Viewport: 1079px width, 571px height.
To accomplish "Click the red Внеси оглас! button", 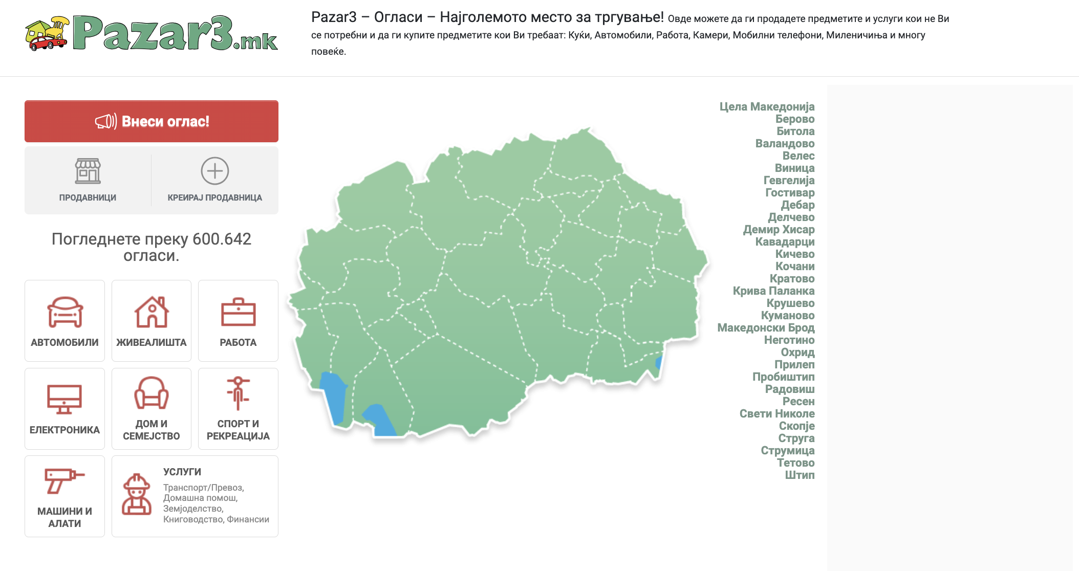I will (x=152, y=121).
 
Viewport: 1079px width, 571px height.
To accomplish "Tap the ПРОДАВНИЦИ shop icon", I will (x=88, y=171).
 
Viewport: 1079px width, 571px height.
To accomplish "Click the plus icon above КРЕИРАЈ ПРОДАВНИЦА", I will (x=214, y=171).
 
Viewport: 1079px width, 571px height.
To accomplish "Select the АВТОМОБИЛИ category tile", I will (x=64, y=321).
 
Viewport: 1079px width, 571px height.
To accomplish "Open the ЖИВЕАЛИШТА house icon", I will (x=152, y=312).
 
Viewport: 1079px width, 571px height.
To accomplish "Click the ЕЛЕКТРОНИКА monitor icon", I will (x=64, y=399).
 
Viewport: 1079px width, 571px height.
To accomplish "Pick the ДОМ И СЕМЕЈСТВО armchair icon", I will (x=152, y=393).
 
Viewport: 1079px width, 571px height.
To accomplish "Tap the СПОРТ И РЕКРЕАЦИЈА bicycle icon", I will (x=238, y=393).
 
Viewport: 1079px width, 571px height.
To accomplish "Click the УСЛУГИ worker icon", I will (x=136, y=494).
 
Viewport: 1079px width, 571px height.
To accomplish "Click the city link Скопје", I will (x=796, y=426).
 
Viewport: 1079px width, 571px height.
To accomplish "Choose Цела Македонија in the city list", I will (x=767, y=106).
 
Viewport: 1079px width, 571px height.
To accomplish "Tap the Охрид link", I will (x=797, y=352).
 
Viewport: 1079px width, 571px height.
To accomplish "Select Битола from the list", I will (x=795, y=131).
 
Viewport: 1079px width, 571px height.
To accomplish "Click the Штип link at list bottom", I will (x=800, y=475).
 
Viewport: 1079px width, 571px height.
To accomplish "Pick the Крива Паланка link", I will (x=773, y=291).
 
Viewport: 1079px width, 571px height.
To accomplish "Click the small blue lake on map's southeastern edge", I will (x=659, y=363).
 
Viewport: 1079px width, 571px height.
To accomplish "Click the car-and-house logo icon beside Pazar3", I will (x=47, y=34).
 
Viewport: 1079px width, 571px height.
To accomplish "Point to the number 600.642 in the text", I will (x=222, y=239).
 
